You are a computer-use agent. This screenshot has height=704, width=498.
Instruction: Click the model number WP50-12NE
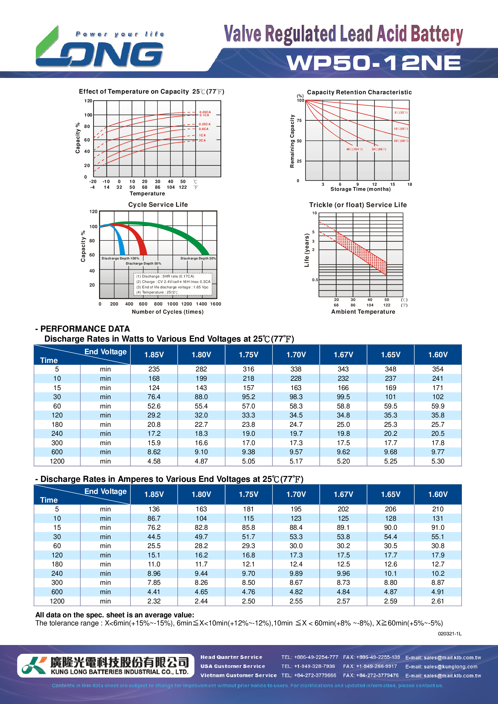pos(373,63)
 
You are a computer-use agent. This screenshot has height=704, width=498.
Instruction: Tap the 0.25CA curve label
pos(204,124)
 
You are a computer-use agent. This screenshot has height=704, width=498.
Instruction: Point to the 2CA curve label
pos(202,141)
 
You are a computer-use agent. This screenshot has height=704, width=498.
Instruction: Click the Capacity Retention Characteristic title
pos(359,92)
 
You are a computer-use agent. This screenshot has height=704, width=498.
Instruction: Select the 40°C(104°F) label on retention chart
pos(354,149)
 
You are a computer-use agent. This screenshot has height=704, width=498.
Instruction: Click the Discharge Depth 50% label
pos(143,263)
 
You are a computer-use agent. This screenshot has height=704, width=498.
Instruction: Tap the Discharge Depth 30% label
pos(198,258)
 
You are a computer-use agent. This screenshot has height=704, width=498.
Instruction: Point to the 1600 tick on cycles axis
pos(215,304)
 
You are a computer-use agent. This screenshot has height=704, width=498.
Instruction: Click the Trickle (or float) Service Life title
pos(358,205)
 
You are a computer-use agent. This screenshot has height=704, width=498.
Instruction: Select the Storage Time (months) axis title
pos(360,189)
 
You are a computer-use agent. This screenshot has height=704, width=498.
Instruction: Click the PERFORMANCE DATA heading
pos(85,329)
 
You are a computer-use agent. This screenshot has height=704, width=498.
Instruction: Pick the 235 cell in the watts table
pos(154,369)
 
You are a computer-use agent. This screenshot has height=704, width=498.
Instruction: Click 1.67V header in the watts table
pos(343,355)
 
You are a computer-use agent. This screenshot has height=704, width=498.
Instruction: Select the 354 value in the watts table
pos(437,369)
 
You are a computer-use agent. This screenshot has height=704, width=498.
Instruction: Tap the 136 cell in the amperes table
pos(154,509)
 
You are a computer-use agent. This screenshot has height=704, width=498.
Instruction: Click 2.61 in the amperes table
pos(437,601)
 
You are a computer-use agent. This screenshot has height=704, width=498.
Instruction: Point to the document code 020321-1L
pos(449,634)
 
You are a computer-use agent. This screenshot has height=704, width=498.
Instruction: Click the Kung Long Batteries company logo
pos(106,665)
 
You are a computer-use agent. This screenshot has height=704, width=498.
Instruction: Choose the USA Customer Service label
pos(232,666)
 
